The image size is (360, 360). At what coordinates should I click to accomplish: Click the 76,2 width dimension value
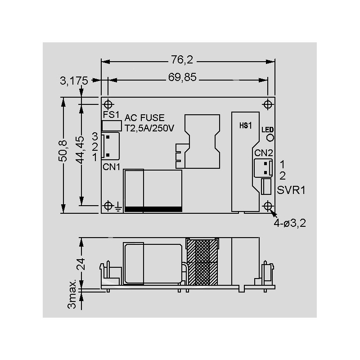[182, 60]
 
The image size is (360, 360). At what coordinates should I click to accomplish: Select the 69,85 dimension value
[182, 77]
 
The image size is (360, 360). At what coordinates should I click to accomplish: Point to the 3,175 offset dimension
[74, 81]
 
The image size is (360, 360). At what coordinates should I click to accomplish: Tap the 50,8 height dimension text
[63, 151]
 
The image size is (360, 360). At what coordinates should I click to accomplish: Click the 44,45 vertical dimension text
[80, 150]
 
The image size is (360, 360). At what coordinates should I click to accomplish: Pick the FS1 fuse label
[111, 115]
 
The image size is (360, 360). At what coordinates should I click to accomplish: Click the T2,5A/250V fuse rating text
[149, 128]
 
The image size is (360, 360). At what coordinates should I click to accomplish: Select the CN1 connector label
[111, 167]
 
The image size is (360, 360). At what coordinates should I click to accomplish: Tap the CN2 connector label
[264, 153]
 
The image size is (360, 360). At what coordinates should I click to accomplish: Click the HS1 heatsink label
[246, 126]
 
